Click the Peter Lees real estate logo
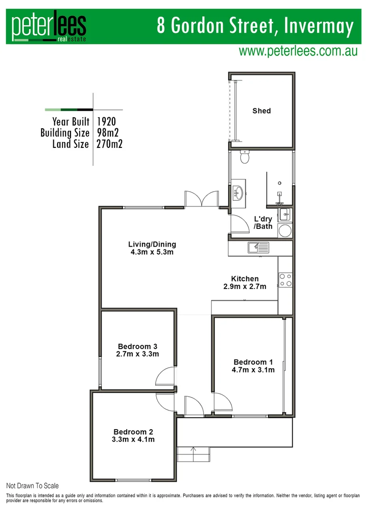click(49, 27)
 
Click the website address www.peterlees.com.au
click(298, 51)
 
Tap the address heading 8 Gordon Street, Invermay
click(256, 26)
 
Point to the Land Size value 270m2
click(109, 144)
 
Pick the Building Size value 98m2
click(108, 133)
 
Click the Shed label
click(261, 111)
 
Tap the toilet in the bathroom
click(245, 157)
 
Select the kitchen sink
click(258, 247)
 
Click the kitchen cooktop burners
click(285, 280)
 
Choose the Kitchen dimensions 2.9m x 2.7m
click(245, 287)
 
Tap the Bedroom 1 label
click(253, 362)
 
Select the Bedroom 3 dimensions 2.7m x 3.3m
click(137, 354)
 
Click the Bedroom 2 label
click(133, 432)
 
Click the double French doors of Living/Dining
click(202, 198)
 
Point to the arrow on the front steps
click(193, 449)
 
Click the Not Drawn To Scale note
click(32, 486)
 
